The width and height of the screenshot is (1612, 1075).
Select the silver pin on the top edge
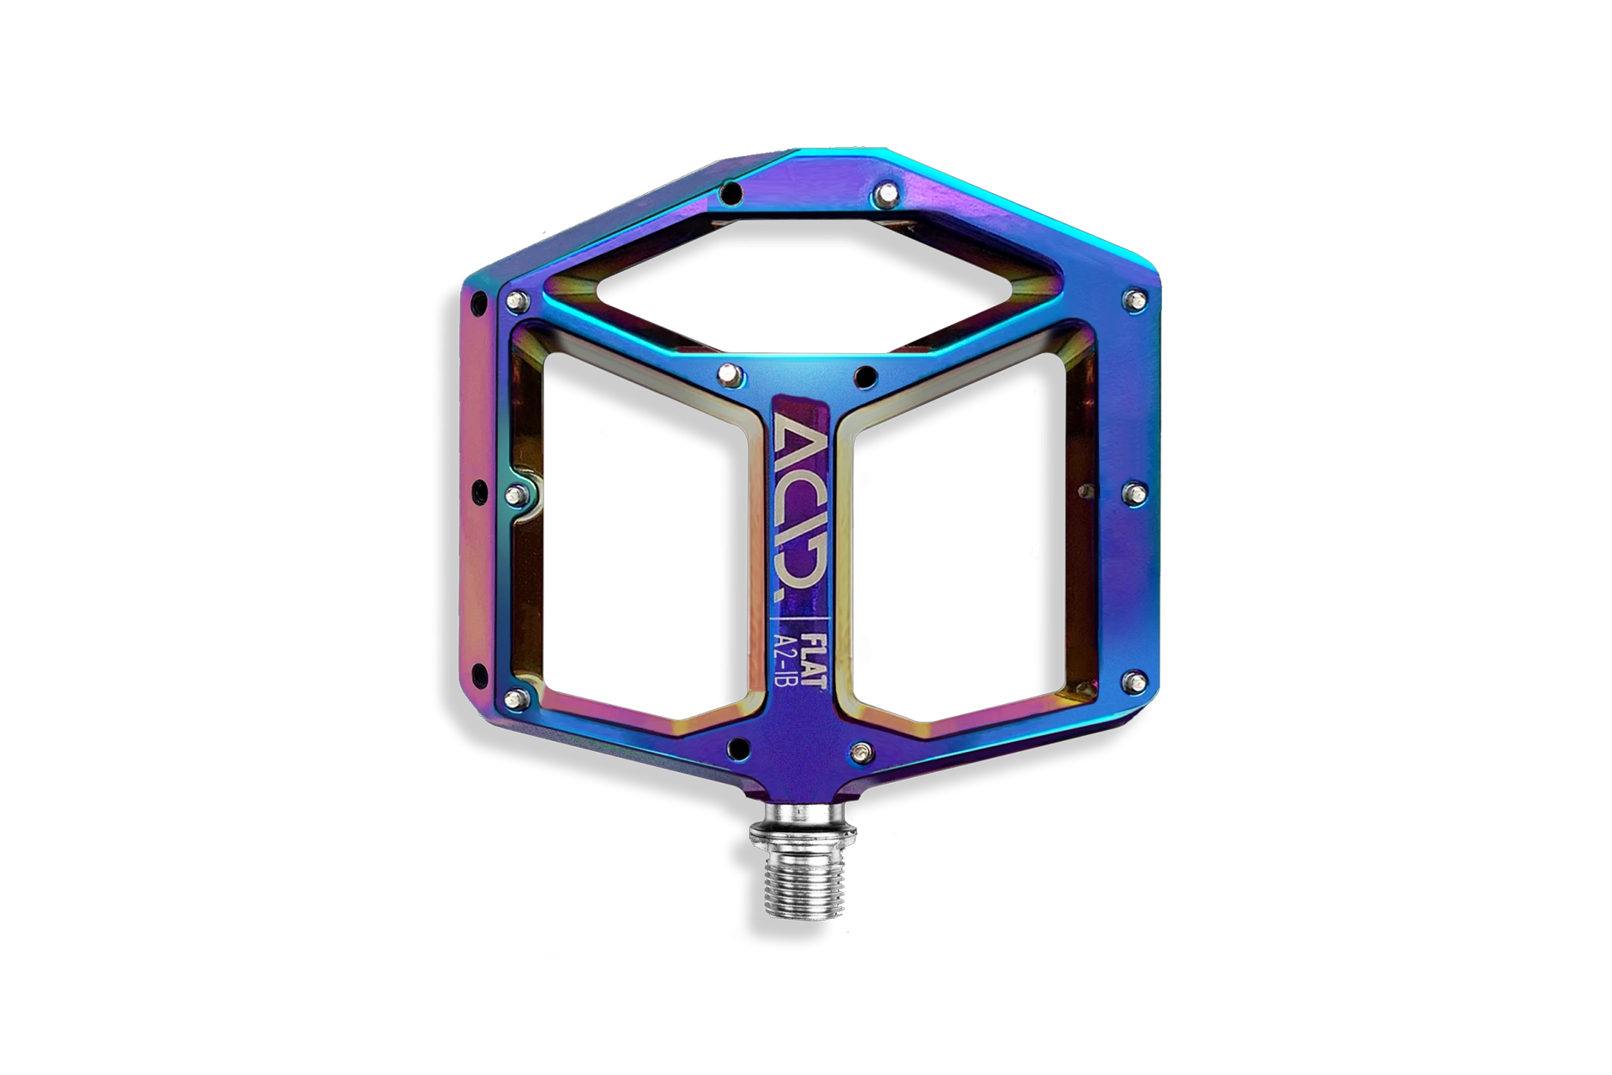pos(886,196)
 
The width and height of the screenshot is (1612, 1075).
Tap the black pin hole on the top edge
pos(731,194)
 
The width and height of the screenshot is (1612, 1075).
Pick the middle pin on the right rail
pos(1134,493)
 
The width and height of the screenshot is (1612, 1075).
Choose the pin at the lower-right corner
pos(1134,682)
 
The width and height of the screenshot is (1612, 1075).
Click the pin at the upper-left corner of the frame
pos(517,300)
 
